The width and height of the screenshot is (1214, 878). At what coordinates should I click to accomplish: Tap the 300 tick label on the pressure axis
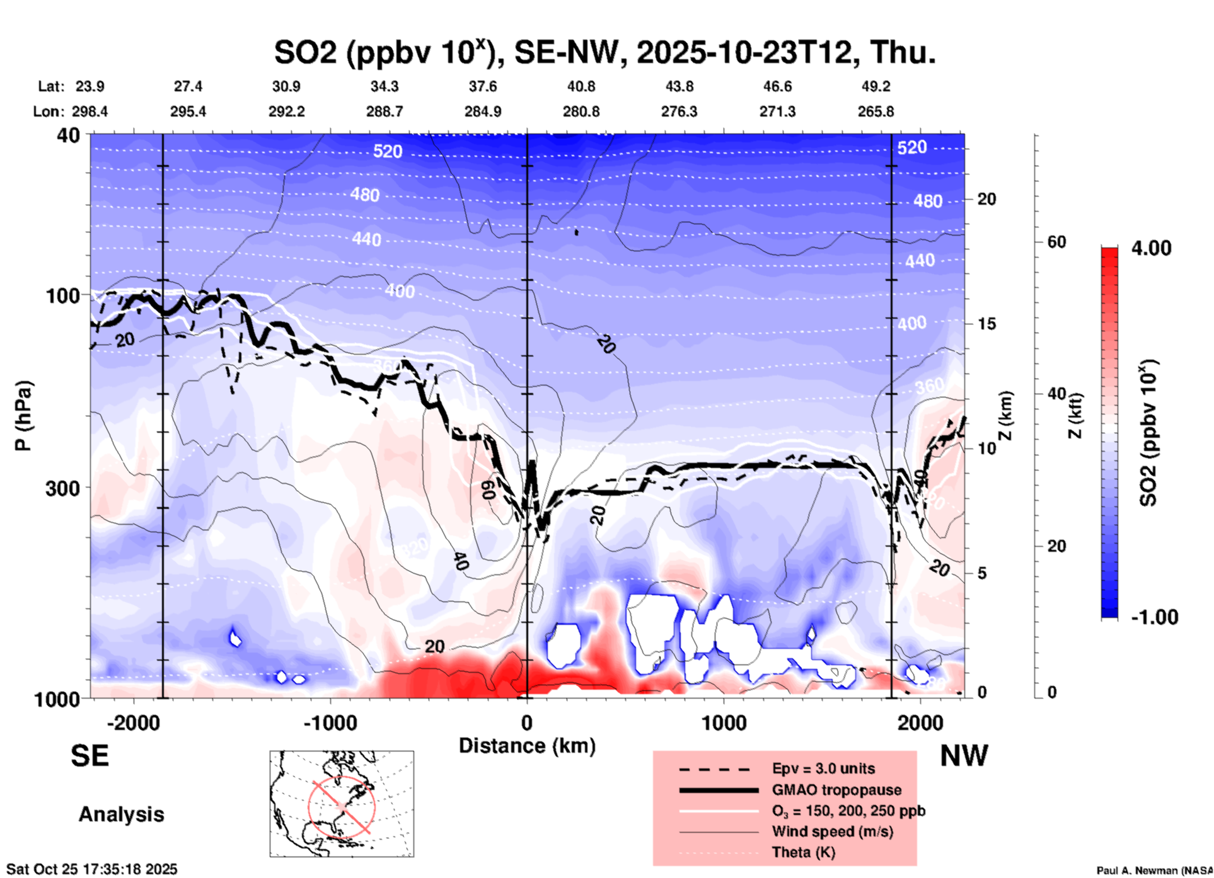62,488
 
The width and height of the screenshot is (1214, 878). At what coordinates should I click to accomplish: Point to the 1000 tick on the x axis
724,722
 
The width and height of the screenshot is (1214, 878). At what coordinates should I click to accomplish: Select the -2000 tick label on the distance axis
133,722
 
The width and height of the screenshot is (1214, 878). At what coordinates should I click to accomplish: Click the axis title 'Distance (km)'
527,746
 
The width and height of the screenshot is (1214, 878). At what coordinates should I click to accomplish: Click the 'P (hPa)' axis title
23,416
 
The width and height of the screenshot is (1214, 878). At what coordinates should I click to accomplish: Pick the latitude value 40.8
581,86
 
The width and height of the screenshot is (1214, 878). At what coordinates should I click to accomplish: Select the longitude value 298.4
90,112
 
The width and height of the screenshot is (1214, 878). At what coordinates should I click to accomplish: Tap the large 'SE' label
90,756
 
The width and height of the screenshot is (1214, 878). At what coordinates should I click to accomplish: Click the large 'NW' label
964,756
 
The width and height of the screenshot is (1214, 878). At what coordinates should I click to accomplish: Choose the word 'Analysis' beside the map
121,814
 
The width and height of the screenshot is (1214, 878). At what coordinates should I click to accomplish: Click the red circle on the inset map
342,806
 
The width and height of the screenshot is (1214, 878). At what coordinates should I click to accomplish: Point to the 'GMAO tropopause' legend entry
836,790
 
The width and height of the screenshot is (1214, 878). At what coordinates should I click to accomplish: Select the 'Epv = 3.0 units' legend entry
823,769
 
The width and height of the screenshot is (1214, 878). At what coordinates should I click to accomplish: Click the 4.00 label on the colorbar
1151,248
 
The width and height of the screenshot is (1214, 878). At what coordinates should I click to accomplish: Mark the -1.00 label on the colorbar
1154,617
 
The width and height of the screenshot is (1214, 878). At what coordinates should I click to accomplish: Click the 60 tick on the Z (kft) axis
1056,242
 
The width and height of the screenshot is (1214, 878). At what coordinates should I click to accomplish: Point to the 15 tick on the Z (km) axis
986,324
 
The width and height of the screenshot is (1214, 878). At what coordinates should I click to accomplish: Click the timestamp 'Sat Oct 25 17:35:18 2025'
92,869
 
